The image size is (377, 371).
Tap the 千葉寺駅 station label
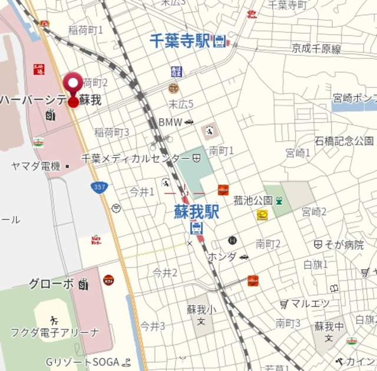pyautogui.click(x=180, y=41)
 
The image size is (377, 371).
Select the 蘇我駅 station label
pyautogui.click(x=196, y=212)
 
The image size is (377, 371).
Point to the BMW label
pyautogui.click(x=170, y=122)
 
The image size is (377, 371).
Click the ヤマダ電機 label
pyautogui.click(x=36, y=166)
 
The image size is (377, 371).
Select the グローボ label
pyautogui.click(x=52, y=285)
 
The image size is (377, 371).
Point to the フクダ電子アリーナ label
pyautogui.click(x=55, y=333)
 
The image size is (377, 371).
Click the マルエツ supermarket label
pyautogui.click(x=310, y=304)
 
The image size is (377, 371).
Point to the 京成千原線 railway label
pyautogui.click(x=316, y=49)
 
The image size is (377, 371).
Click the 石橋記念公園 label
pyautogui.click(x=344, y=141)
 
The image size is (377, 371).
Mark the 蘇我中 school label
pyautogui.click(x=329, y=326)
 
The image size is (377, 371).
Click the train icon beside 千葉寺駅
pyautogui.click(x=220, y=41)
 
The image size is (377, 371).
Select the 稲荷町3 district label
pyautogui.click(x=111, y=132)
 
